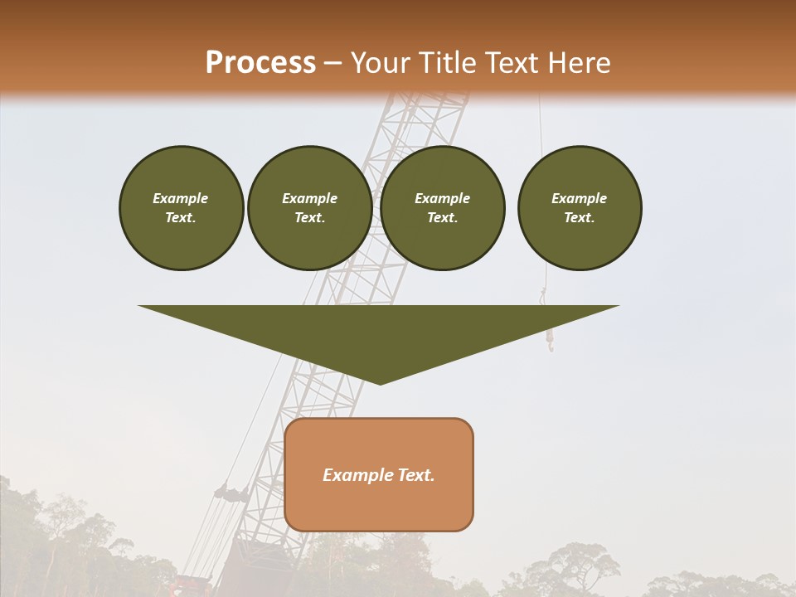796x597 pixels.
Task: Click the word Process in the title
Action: click(260, 62)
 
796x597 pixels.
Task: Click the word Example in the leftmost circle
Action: click(180, 198)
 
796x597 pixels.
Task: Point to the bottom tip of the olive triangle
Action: click(379, 382)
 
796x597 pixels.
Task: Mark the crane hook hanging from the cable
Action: click(548, 339)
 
